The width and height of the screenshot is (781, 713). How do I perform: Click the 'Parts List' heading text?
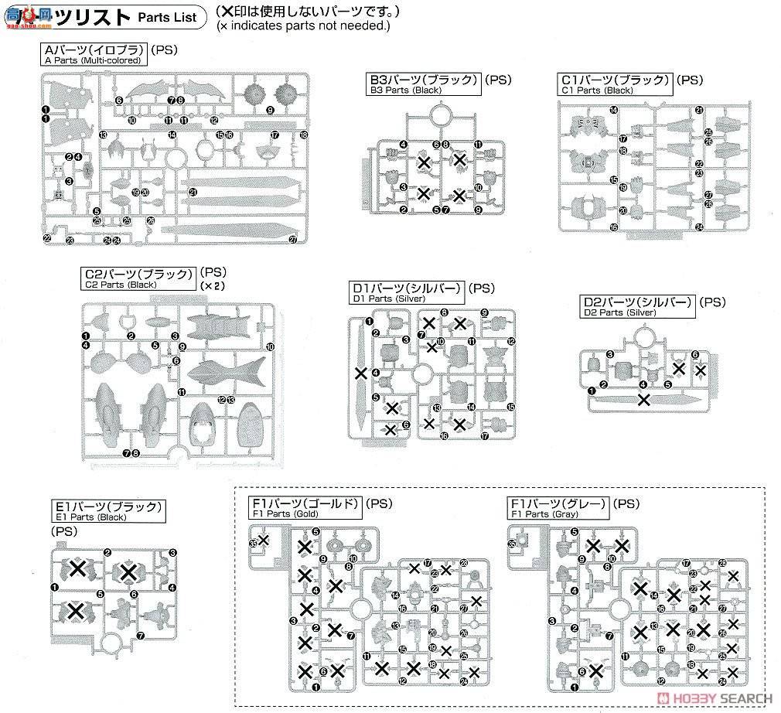(x=163, y=16)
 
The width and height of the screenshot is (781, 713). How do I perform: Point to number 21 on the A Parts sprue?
(x=193, y=192)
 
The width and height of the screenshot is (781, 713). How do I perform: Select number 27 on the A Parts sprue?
(x=293, y=240)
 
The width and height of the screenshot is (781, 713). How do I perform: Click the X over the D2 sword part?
(x=643, y=399)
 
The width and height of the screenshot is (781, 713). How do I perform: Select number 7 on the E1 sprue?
(x=140, y=636)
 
